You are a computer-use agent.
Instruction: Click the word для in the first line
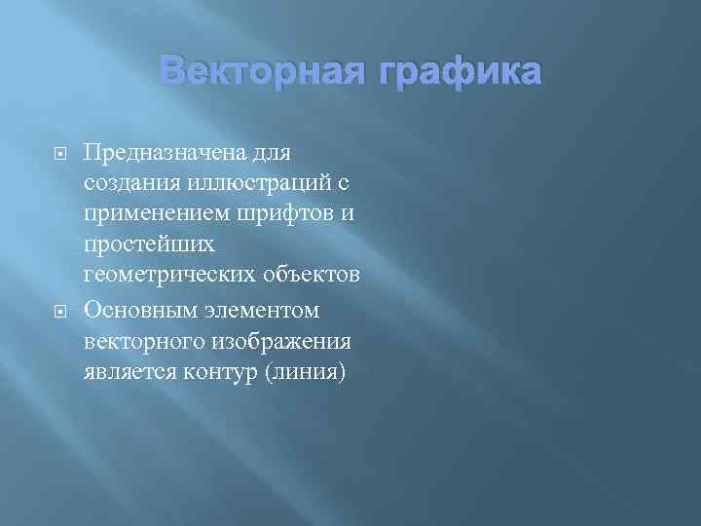pyautogui.click(x=277, y=152)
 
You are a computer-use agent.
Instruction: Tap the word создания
pyautogui.click(x=127, y=183)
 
